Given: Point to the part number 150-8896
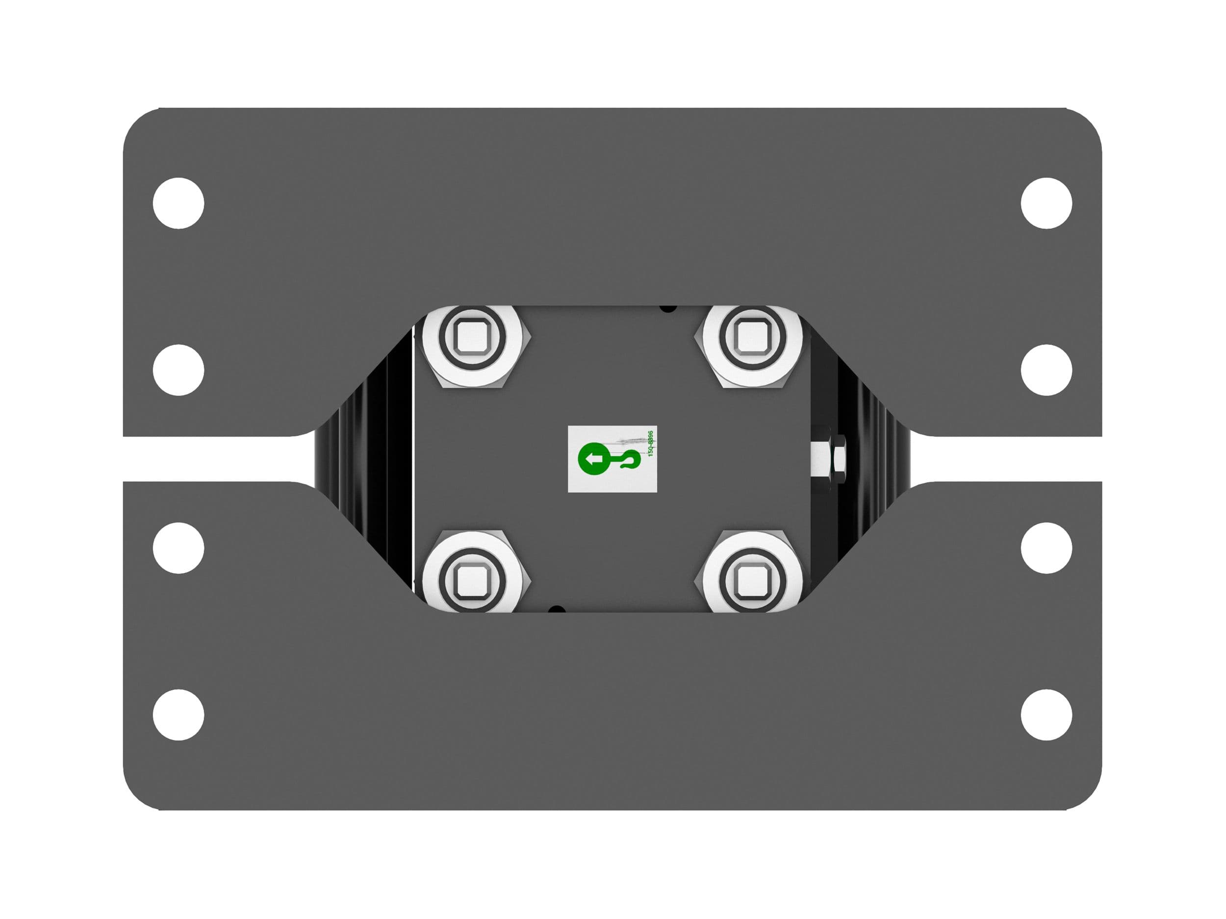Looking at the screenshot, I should pos(651,444).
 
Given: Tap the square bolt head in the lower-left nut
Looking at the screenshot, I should pos(472,580).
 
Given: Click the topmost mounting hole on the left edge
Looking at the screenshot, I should pos(179,203).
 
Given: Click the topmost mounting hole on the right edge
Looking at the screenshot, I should pos(1047,203).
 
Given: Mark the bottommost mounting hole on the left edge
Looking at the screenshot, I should pos(179,715).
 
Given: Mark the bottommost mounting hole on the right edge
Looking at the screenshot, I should pos(1047,715).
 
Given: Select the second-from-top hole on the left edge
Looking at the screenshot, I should pos(179,370).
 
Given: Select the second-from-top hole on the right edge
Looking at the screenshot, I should pos(1047,370).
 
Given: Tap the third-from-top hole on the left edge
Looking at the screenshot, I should pos(179,548).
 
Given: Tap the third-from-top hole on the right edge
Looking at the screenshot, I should pos(1047,548).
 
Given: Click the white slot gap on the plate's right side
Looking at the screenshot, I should pos(1009,459).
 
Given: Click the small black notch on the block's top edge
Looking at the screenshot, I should pos(668,307).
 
